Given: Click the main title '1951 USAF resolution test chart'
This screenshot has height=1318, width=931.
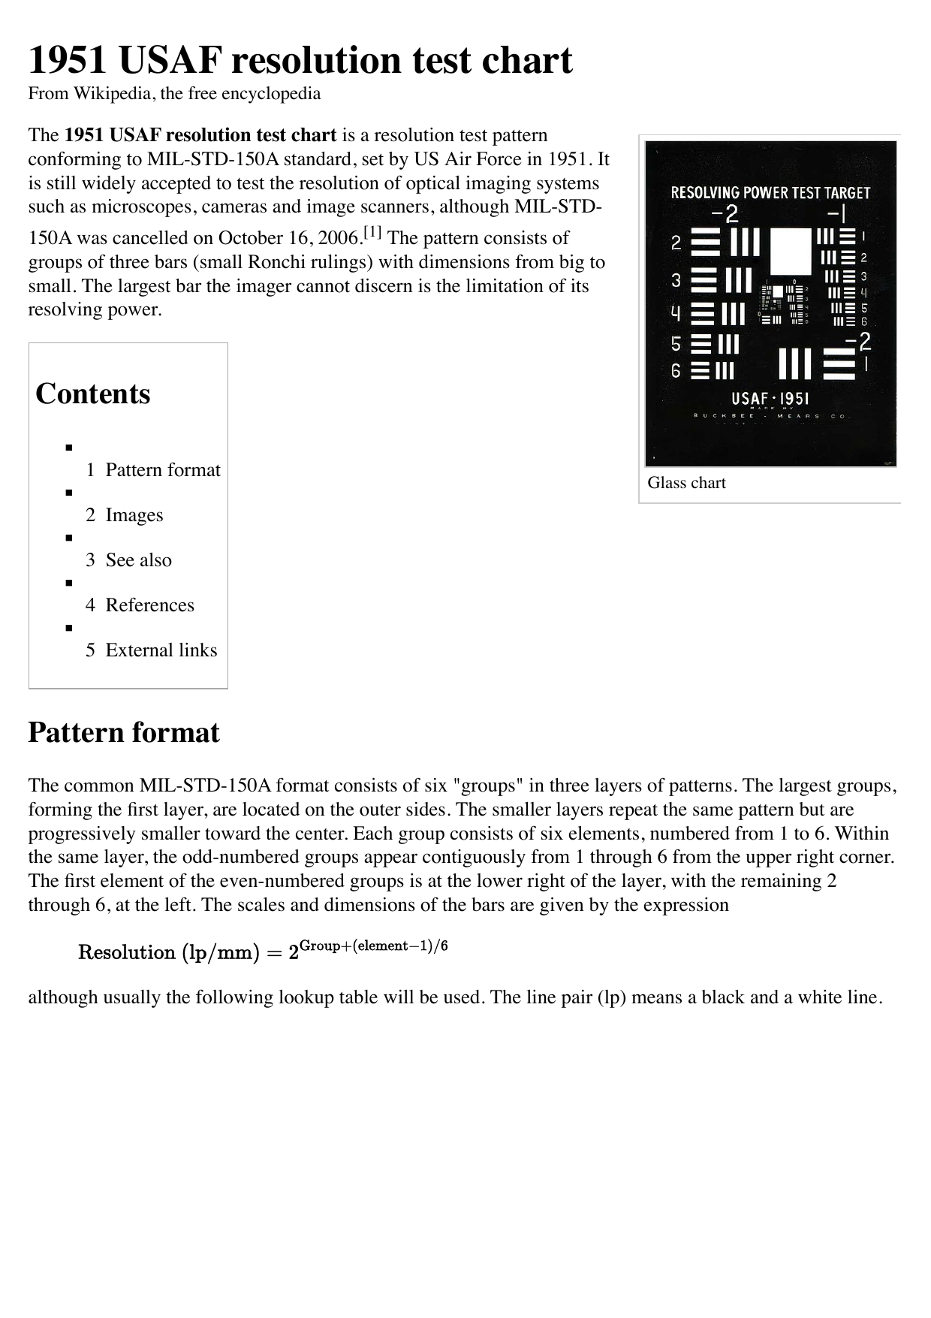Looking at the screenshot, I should pyautogui.click(x=300, y=60).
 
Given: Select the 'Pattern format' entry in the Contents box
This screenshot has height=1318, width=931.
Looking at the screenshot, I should pyautogui.click(x=163, y=470).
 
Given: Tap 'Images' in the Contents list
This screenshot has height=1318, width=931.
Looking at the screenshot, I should pyautogui.click(x=134, y=515).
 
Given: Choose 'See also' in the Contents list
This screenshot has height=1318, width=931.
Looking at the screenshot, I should pyautogui.click(x=138, y=560).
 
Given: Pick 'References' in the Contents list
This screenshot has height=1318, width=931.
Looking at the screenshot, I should pyautogui.click(x=149, y=605).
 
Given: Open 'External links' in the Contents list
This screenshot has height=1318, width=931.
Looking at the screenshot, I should pyautogui.click(x=161, y=650).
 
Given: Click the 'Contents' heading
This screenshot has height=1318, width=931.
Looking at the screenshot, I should pyautogui.click(x=93, y=394).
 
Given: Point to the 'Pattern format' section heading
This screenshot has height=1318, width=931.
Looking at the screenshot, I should pyautogui.click(x=124, y=732).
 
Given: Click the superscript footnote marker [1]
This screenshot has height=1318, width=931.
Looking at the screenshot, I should pyautogui.click(x=373, y=234).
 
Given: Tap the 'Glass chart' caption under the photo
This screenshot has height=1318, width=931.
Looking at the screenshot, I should pyautogui.click(x=686, y=483).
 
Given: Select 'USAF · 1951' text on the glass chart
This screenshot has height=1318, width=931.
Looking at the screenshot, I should pyautogui.click(x=770, y=399).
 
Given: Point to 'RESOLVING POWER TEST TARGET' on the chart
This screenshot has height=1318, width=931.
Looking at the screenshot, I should pyautogui.click(x=770, y=193).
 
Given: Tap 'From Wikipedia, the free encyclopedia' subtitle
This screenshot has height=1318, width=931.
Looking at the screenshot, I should pyautogui.click(x=174, y=94).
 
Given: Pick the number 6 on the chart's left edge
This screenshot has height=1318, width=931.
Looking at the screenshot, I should pyautogui.click(x=676, y=370).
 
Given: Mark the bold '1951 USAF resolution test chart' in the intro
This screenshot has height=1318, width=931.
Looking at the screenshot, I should pyautogui.click(x=200, y=135).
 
